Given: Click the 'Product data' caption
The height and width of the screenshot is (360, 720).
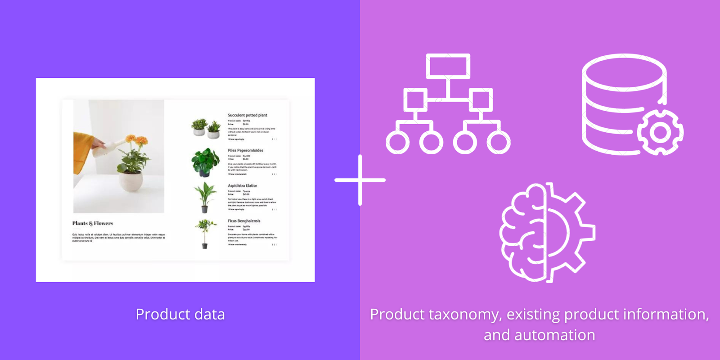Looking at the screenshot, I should [180, 314].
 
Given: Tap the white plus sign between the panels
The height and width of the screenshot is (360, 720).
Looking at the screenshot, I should [360, 180].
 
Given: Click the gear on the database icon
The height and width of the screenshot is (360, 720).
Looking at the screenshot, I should [660, 132].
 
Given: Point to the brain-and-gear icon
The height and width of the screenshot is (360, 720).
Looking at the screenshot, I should [547, 232].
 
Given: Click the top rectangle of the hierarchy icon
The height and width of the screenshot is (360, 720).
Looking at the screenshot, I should [448, 66].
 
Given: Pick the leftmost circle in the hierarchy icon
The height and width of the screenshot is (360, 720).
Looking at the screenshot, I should [397, 142].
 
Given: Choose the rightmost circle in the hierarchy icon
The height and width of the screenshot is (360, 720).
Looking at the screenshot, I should [499, 142].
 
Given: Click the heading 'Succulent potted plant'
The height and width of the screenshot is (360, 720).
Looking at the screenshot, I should [247, 115].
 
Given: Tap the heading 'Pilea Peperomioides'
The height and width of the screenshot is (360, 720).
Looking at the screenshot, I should [245, 150].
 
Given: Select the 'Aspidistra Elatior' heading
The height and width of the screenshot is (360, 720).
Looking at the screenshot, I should [242, 185].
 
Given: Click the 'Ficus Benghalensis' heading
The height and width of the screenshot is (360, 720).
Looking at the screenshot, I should [244, 221].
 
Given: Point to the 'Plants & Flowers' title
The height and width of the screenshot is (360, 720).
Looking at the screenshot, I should [93, 223].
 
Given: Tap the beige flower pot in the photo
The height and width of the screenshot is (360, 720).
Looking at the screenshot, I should [131, 180].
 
